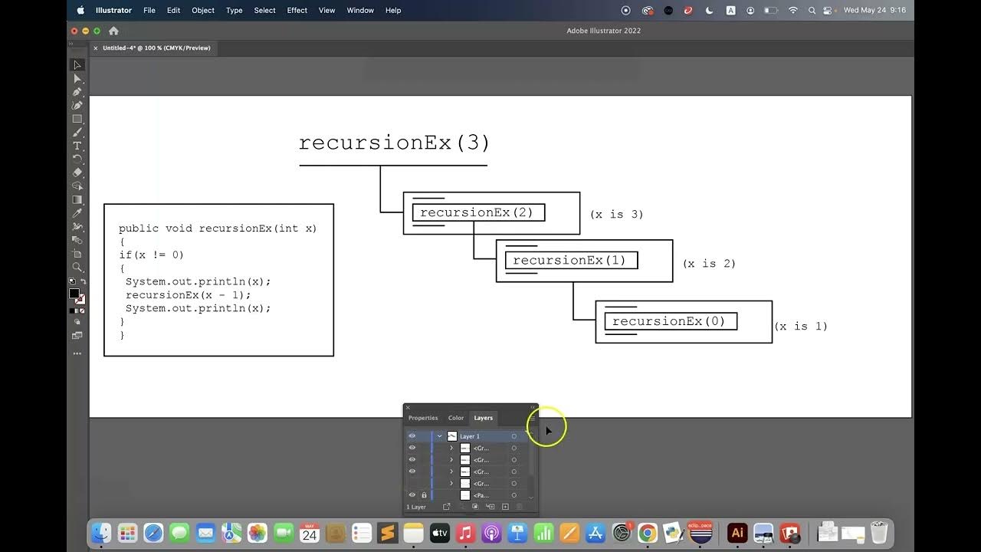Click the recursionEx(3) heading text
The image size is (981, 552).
point(394,143)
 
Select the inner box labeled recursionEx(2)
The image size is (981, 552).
point(477,212)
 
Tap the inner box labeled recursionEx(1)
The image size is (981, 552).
point(570,260)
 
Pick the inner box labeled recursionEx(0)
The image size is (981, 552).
point(670,321)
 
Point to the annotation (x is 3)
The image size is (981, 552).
point(616,215)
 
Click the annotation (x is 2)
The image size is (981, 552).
point(709,264)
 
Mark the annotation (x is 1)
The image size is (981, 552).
point(801,327)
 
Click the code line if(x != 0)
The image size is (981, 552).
point(152,255)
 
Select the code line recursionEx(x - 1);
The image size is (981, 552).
point(189,295)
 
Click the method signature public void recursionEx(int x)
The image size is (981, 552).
point(218,228)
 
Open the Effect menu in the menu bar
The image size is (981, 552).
point(297,11)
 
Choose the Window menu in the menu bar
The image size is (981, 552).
point(360,11)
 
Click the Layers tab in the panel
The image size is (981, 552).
point(483,418)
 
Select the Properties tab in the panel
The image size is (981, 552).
point(423,418)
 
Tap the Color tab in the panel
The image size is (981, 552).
point(456,418)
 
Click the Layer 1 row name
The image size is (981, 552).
point(470,436)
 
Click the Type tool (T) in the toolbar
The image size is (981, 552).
point(77,146)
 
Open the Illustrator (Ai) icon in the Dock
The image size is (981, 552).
point(737,533)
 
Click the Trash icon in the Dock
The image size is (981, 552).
point(879,533)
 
